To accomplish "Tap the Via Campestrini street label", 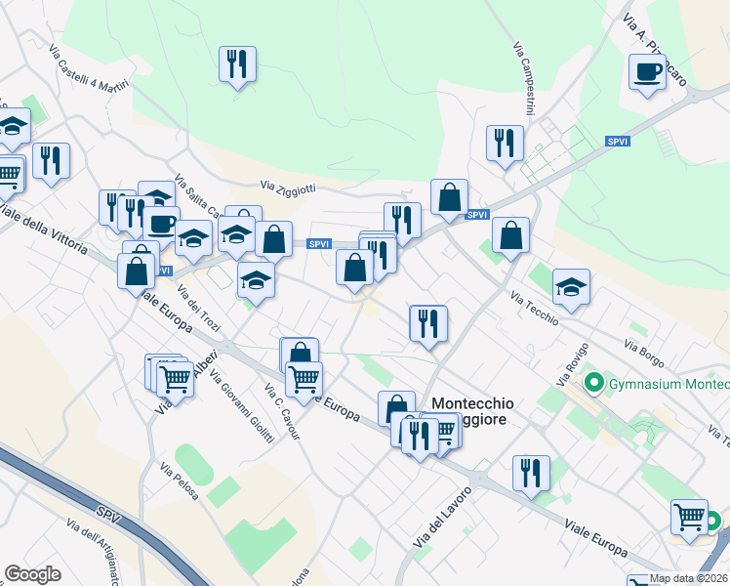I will [x=527, y=68].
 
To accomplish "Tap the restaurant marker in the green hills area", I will [x=237, y=64].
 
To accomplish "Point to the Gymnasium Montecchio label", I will [x=669, y=384].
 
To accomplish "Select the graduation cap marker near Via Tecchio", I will [x=571, y=287].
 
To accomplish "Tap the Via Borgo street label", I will [x=644, y=348].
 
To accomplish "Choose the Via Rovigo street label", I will [x=568, y=365].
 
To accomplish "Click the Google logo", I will [x=32, y=574].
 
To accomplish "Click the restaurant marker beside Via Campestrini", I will [x=505, y=144].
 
